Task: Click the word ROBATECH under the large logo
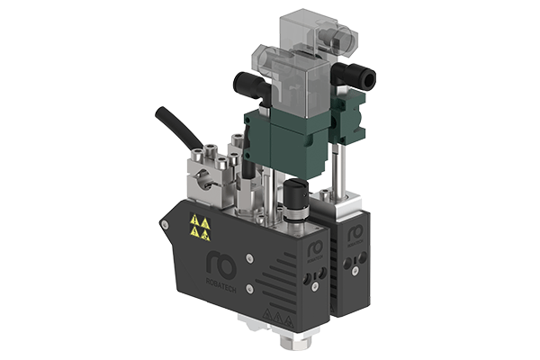225,281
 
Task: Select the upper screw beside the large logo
264,253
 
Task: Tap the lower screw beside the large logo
266,280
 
